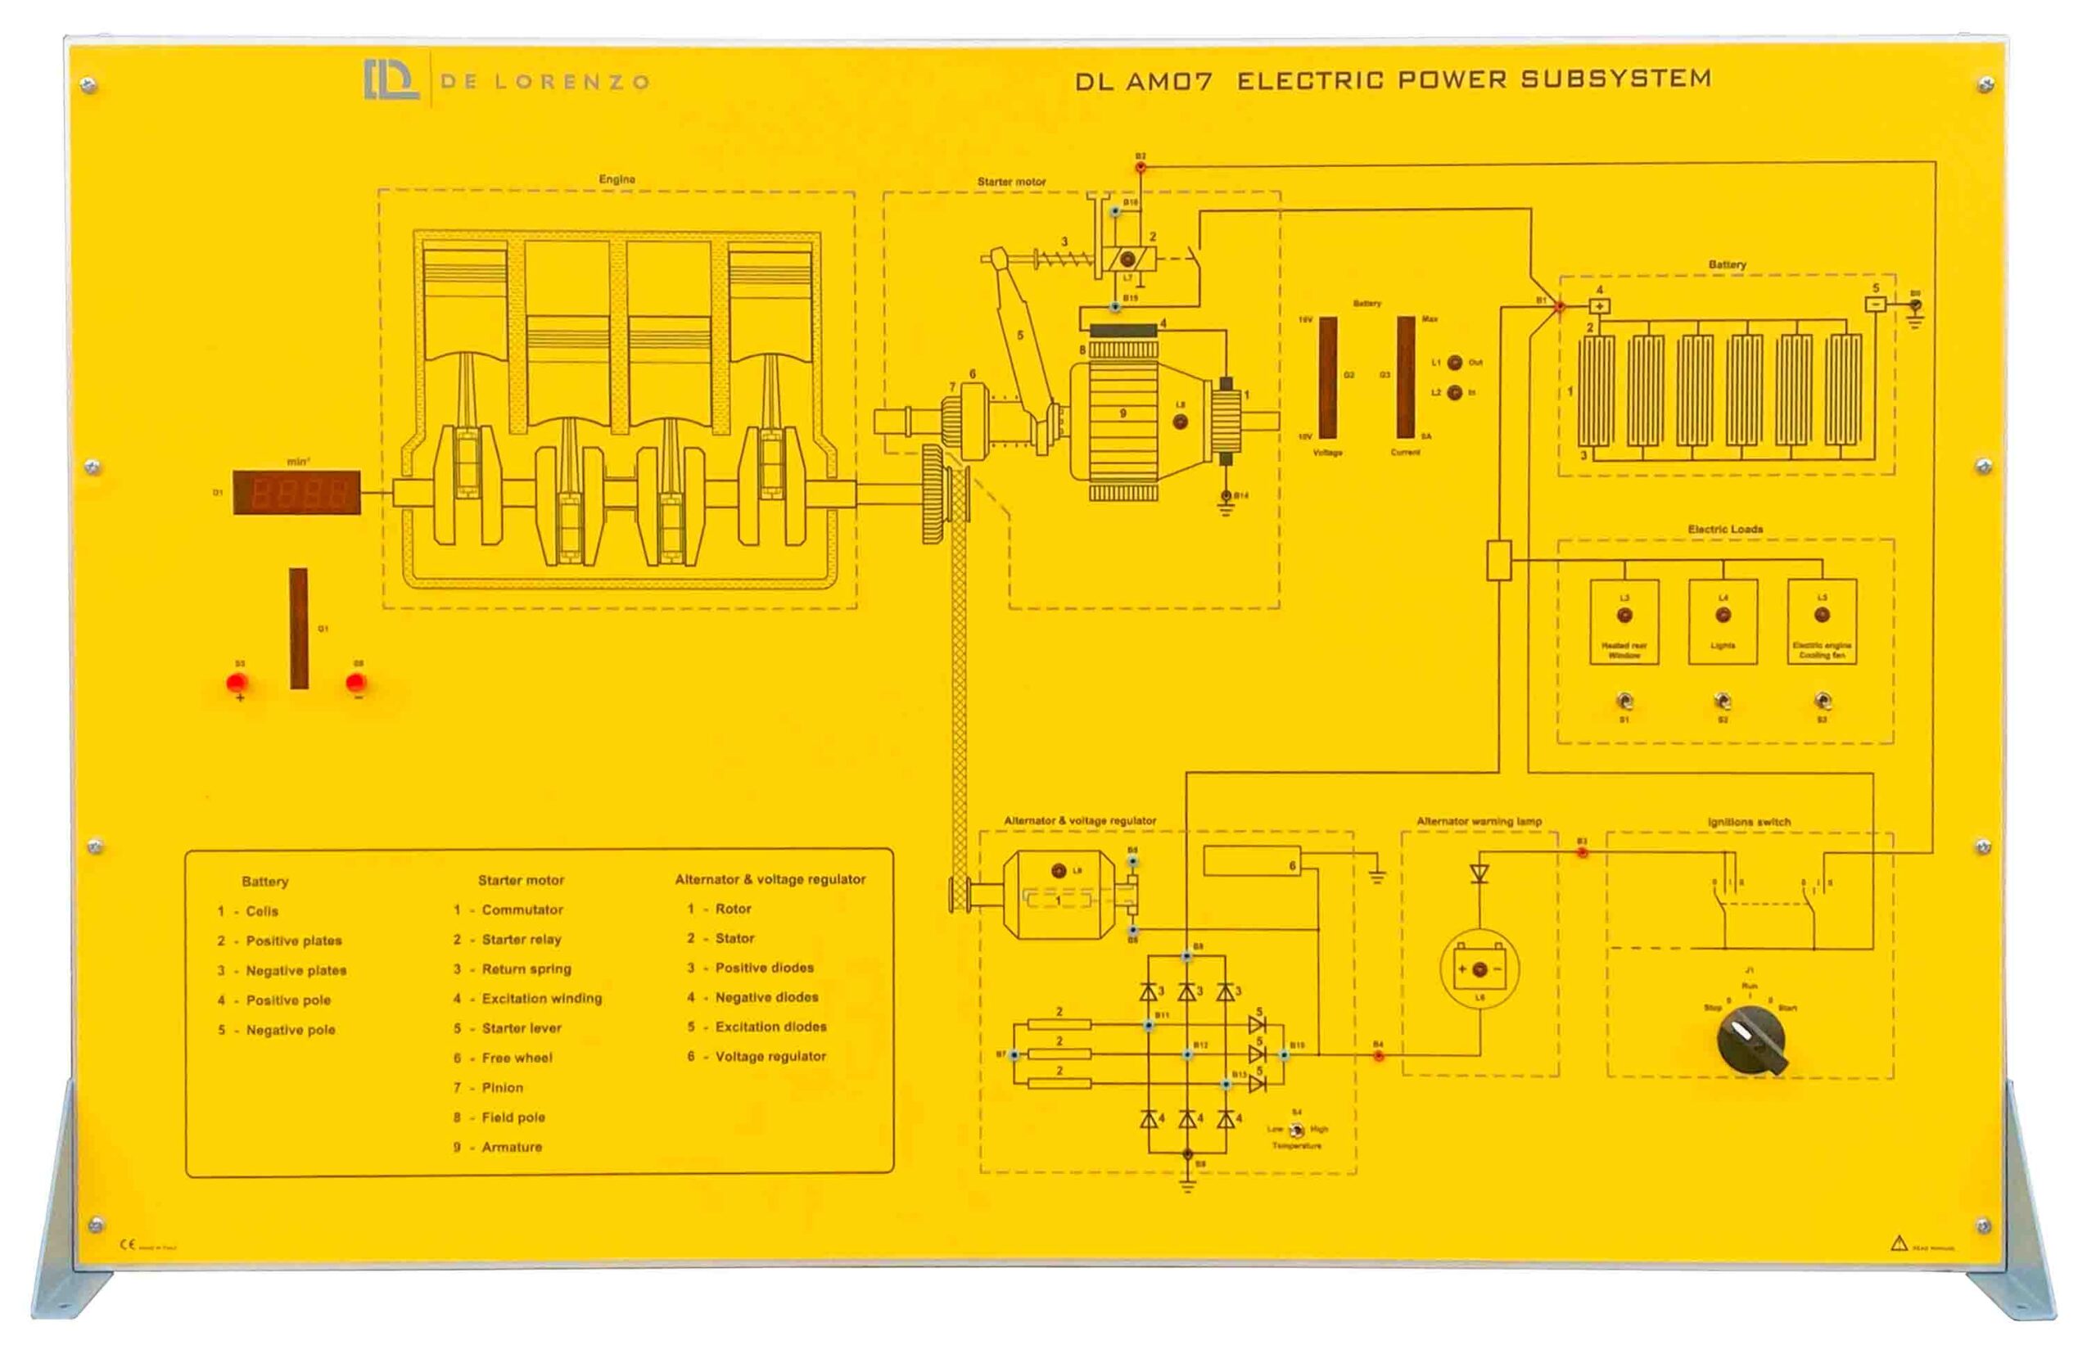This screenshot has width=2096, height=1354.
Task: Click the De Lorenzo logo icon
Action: [x=391, y=80]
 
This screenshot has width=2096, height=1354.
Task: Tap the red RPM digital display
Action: [x=296, y=492]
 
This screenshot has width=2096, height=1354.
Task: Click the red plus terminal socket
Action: [x=237, y=684]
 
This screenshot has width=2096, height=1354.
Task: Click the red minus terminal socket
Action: [x=356, y=684]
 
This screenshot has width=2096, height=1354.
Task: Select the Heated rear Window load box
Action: [x=1624, y=621]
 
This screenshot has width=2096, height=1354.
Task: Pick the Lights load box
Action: [x=1723, y=621]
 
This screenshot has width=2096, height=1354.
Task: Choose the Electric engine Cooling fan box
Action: [x=1822, y=621]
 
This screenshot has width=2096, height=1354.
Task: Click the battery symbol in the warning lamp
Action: [x=1479, y=969]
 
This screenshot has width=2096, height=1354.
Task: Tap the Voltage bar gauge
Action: [x=1327, y=378]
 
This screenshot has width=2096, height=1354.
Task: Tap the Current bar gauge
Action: [x=1406, y=378]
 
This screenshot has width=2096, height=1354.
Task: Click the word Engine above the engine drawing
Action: [x=617, y=179]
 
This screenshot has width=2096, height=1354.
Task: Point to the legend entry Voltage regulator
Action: [x=770, y=1056]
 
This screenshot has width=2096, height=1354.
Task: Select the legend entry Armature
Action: [x=511, y=1147]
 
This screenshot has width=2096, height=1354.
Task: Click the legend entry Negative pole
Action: [x=290, y=1030]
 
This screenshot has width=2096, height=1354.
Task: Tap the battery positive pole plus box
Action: [x=1599, y=306]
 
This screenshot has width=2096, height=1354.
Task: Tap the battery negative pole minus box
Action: [x=1874, y=305]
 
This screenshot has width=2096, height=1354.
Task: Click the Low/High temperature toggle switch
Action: [x=1296, y=1130]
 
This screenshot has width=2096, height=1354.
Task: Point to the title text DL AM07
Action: [x=1143, y=82]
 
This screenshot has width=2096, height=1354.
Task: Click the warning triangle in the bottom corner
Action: [x=1899, y=1243]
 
